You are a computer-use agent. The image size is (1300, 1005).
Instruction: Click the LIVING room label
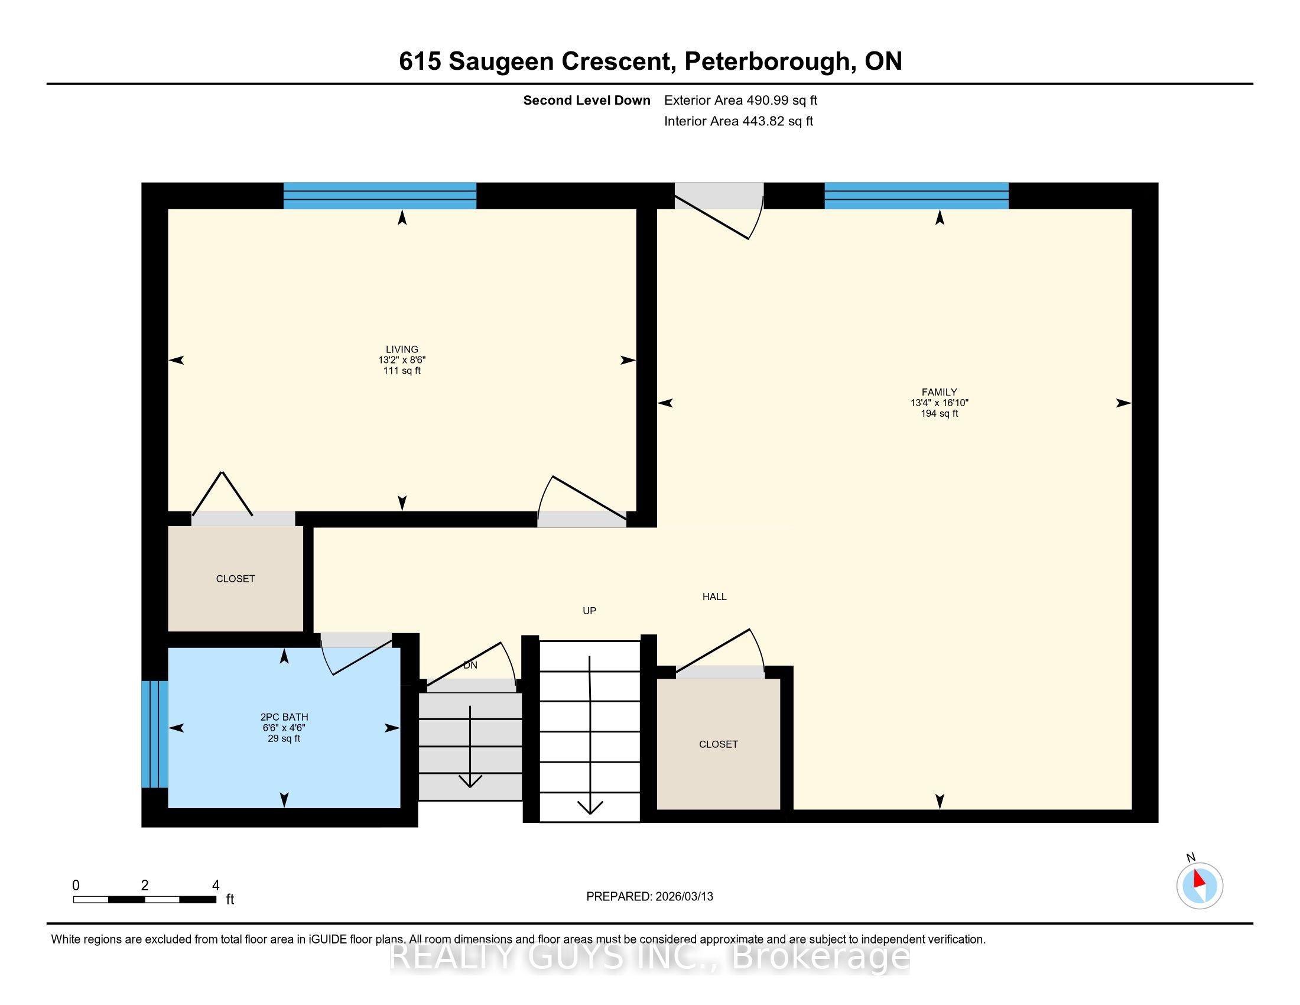[402, 349]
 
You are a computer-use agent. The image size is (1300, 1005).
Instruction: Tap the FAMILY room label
[940, 393]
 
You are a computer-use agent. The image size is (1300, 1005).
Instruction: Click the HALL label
[714, 596]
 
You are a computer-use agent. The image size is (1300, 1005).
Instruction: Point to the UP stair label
[589, 611]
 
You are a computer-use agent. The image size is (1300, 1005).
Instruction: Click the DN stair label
[470, 665]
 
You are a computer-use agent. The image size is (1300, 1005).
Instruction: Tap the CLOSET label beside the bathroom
[235, 579]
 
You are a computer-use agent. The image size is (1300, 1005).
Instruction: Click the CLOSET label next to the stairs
[719, 744]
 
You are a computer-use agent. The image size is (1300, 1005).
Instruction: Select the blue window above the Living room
[380, 196]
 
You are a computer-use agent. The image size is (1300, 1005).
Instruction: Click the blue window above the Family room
[916, 196]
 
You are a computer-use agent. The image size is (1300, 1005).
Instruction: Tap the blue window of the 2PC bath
[155, 734]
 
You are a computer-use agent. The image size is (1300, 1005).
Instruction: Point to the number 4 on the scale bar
[216, 886]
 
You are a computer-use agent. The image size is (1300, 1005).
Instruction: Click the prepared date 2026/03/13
[684, 897]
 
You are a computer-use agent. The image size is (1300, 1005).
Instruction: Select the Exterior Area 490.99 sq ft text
[741, 100]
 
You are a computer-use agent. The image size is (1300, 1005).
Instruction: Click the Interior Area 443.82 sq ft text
[739, 121]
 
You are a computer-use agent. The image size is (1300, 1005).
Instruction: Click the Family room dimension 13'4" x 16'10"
[940, 403]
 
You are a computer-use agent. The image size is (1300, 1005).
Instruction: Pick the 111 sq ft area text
[402, 371]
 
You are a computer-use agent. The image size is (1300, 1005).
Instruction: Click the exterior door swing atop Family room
[719, 211]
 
